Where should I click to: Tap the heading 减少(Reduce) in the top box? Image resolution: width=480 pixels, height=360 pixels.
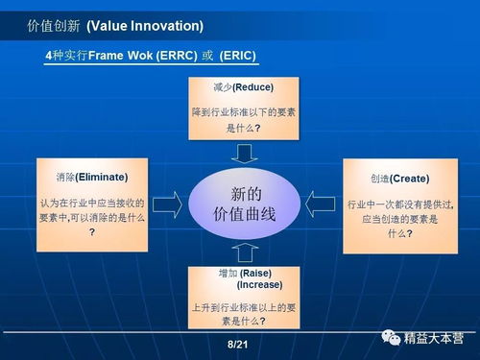(243, 87)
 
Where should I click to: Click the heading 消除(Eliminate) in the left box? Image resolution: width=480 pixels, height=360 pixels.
(92, 177)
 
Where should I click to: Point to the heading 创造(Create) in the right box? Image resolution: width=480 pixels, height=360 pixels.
(399, 179)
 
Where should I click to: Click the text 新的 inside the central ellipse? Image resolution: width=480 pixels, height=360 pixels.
(246, 191)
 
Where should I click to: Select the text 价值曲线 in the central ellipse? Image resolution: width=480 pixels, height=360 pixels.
(245, 213)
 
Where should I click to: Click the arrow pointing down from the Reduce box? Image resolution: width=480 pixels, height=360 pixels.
(245, 153)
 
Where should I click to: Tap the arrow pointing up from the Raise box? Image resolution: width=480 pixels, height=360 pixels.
(245, 252)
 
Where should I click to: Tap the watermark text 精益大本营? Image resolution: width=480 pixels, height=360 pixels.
(433, 338)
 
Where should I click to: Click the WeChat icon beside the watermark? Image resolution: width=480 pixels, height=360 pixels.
(393, 338)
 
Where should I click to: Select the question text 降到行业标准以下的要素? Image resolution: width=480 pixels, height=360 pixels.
(245, 111)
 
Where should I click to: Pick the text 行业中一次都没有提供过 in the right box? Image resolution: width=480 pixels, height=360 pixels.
(399, 204)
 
